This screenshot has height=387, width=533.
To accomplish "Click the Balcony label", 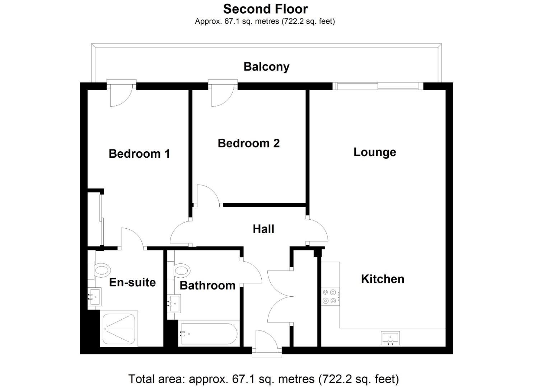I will [x=266, y=67].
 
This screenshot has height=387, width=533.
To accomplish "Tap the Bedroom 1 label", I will [x=139, y=154].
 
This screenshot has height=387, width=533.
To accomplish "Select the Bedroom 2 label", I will [x=248, y=143].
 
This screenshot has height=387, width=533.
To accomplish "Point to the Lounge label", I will [x=375, y=152].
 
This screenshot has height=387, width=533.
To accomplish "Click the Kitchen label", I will [x=382, y=279].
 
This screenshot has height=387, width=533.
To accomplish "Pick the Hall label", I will [x=263, y=229].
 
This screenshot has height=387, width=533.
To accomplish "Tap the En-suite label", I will [x=132, y=282].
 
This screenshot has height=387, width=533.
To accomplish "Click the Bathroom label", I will [x=207, y=285].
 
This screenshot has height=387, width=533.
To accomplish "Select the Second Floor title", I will [x=265, y=9].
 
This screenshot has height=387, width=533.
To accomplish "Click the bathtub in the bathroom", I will [x=209, y=334].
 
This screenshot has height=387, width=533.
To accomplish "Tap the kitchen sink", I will [x=390, y=338].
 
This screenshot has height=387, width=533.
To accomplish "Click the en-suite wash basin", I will [x=95, y=297].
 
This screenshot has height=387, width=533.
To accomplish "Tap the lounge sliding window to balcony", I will [x=378, y=86].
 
